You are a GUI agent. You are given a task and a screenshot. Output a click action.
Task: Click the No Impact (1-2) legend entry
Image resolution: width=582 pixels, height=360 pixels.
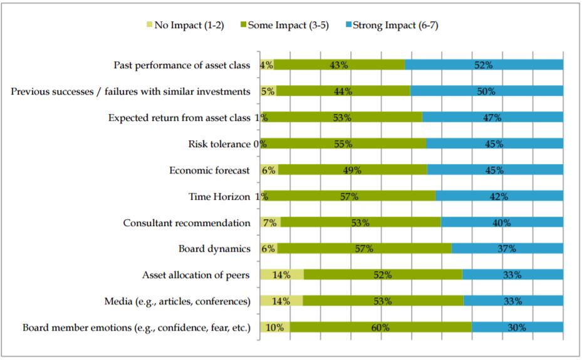point(185,25)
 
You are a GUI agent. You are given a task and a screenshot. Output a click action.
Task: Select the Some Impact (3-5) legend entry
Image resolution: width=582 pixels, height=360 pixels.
point(284,25)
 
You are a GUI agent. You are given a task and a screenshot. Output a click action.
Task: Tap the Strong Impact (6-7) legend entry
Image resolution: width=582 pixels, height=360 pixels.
point(392,25)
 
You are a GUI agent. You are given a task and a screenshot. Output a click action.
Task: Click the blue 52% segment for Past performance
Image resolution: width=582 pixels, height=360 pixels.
point(484,65)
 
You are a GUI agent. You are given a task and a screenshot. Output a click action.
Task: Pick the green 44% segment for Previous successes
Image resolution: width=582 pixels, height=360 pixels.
point(343,91)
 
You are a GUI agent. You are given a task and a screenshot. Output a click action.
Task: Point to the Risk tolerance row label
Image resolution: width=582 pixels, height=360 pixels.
point(219,144)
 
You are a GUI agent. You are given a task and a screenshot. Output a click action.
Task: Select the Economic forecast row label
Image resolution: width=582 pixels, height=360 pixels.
point(209,170)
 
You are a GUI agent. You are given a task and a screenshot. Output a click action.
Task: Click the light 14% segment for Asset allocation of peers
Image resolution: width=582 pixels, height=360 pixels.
point(282,275)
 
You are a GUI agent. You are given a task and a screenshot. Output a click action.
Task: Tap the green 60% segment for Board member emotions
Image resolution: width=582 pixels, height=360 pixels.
point(381,327)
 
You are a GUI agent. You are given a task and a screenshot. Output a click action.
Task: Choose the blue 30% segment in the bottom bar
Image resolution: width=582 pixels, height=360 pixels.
point(517,327)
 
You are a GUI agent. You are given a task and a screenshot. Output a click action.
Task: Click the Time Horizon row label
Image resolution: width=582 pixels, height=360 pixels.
point(219,197)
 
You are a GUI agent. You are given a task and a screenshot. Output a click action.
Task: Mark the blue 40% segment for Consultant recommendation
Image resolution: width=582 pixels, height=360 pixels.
point(502,222)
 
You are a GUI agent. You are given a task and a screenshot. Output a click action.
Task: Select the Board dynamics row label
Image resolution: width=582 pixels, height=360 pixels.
point(214,249)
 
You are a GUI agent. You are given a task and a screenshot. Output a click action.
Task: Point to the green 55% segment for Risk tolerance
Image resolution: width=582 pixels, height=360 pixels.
point(343,144)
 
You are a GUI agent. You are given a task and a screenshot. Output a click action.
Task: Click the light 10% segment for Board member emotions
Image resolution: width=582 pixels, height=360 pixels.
point(275,327)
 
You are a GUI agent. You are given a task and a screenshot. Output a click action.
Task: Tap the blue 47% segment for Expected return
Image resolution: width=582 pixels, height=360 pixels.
point(492,118)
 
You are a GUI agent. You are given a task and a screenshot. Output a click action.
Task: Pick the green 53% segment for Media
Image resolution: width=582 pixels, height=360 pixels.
point(383,301)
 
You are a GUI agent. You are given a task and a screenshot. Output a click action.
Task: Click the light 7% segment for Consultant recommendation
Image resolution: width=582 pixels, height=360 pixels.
point(270,222)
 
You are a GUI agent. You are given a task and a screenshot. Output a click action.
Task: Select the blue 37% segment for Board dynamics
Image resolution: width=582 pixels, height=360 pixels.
point(507,249)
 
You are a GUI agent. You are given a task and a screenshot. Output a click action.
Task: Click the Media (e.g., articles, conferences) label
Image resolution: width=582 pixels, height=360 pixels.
point(177,301)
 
